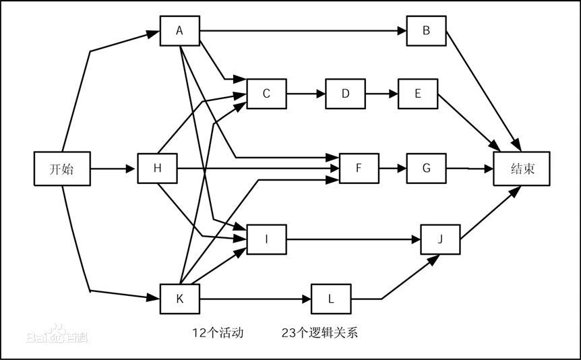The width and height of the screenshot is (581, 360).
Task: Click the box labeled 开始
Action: point(62,169)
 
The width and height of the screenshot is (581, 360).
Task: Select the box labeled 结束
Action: point(522,169)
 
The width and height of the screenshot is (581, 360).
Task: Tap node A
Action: point(179,30)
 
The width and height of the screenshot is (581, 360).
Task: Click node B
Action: point(426,30)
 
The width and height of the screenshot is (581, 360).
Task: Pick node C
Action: point(266,94)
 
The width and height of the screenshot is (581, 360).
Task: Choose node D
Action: point(345,94)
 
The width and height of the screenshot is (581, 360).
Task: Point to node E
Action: point(417,94)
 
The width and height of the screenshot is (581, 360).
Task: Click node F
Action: point(359,169)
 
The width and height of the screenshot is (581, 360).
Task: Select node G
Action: point(426,169)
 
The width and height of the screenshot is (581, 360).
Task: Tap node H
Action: point(157,169)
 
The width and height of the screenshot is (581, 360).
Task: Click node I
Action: point(266,239)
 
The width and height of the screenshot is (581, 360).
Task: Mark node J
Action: point(440,239)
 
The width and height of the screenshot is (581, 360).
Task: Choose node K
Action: point(179,299)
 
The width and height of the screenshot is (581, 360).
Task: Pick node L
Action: point(331,299)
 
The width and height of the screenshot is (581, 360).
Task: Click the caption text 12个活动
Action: point(218,332)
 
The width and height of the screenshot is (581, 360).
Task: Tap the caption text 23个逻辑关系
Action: point(320,332)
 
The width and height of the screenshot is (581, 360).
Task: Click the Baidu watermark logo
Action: point(57,335)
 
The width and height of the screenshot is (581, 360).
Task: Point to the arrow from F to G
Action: point(392,169)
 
